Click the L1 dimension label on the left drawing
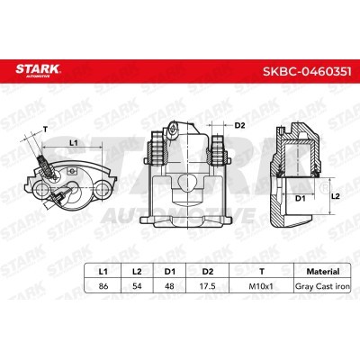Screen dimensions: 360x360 coord(74,142)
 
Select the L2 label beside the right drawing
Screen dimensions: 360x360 coord(334,193)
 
